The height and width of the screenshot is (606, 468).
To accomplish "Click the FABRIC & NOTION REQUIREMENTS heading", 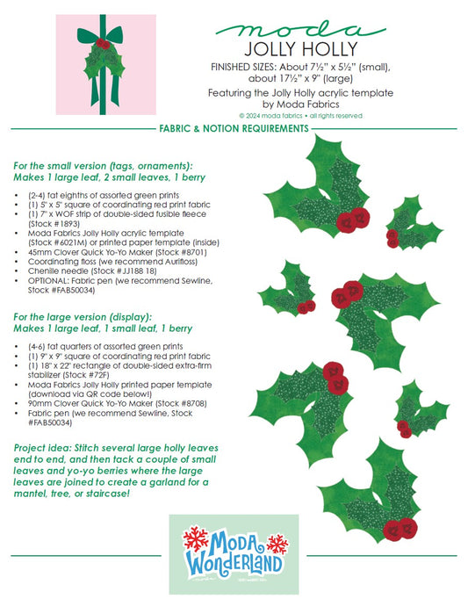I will (233, 128).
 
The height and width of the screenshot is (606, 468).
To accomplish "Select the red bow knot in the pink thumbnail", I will (103, 42).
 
